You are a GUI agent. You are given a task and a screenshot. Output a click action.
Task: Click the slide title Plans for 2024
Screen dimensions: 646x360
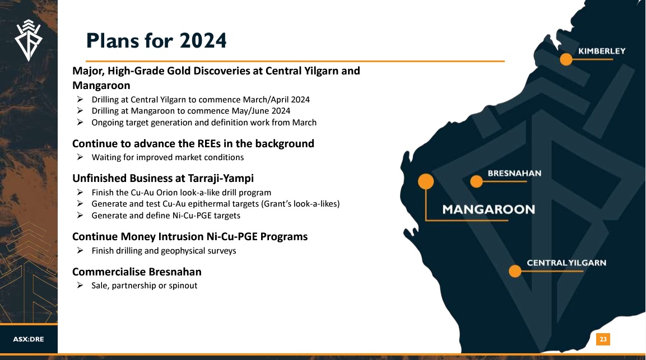tap(156, 40)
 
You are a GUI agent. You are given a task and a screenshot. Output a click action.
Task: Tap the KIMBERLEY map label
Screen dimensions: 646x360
tap(602, 51)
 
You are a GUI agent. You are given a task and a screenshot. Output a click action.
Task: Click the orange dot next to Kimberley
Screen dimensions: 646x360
tap(566, 59)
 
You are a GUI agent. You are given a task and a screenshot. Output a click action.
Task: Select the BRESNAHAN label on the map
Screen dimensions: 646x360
tap(514, 174)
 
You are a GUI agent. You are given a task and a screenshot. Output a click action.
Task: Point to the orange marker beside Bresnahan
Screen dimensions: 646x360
tap(476, 181)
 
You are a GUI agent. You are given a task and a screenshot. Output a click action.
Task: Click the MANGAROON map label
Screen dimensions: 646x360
tap(489, 209)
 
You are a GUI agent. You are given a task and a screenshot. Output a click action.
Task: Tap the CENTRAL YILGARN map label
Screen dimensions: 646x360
tap(566, 263)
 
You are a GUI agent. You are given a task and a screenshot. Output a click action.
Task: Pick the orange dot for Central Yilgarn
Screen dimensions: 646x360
tap(515, 271)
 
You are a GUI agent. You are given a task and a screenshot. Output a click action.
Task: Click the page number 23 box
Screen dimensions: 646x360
tap(603, 339)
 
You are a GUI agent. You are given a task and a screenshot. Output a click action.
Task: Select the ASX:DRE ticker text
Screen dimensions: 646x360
tap(29, 339)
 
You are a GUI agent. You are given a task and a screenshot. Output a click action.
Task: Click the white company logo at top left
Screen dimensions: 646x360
tap(29, 40)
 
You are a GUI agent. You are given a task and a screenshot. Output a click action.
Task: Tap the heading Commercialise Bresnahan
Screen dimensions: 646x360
tap(137, 272)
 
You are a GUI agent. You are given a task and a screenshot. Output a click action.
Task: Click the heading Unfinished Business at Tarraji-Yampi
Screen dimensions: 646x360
tap(162, 179)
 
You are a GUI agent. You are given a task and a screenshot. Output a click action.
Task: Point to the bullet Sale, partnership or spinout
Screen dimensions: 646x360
tap(144, 286)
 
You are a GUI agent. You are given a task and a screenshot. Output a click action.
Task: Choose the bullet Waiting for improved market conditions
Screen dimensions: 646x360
tap(168, 157)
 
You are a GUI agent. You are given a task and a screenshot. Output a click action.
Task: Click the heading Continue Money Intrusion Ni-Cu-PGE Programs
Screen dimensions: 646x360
tap(190, 237)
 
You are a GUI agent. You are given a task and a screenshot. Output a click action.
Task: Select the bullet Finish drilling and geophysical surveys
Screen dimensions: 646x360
tap(164, 251)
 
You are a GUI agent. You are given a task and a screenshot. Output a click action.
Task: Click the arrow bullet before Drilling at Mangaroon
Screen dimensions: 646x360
tap(80, 111)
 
